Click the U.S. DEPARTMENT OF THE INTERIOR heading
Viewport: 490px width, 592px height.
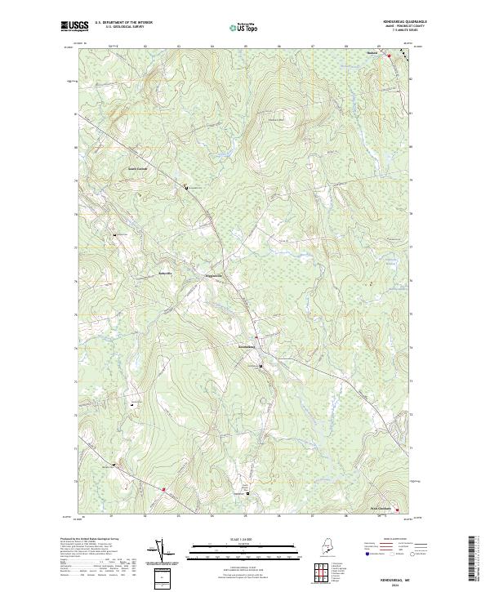pyautogui.click(x=124, y=23)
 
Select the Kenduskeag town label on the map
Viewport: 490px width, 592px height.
pyautogui.click(x=248, y=348)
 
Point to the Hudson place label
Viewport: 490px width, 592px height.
pyautogui.click(x=372, y=56)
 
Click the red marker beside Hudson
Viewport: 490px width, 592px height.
pyautogui.click(x=389, y=56)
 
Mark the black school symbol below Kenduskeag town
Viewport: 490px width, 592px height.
pyautogui.click(x=261, y=367)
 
